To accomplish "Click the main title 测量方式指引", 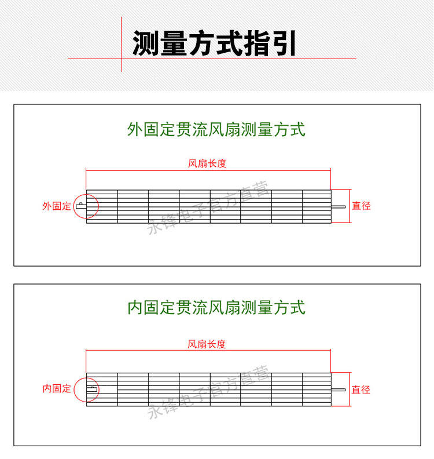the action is click(x=215, y=43).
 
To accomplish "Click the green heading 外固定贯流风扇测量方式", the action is click(x=216, y=129).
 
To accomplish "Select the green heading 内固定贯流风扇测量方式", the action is click(x=216, y=307).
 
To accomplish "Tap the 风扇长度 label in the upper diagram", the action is click(x=207, y=163).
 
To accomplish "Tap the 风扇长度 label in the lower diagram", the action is click(x=207, y=344).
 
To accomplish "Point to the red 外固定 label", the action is click(x=56, y=206).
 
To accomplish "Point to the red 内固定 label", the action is click(x=56, y=388).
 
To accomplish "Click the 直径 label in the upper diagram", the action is click(x=361, y=206).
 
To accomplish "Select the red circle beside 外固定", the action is click(x=86, y=206).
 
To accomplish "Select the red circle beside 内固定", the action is click(x=87, y=389).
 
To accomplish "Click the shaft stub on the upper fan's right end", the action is click(x=339, y=206).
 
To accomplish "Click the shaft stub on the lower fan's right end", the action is click(x=339, y=389).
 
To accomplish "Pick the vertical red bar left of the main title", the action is click(x=122, y=43).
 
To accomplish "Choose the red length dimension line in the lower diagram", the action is click(x=208, y=351).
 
